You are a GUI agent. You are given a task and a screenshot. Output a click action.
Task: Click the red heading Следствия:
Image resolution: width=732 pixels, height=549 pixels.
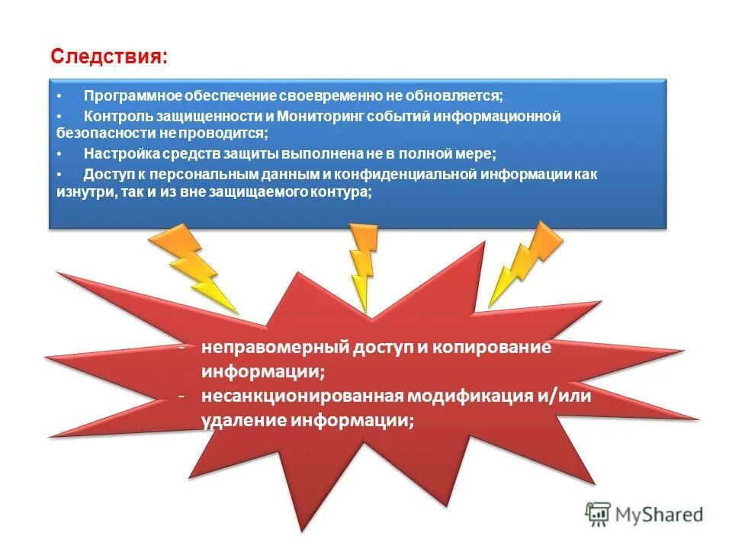point(108,56)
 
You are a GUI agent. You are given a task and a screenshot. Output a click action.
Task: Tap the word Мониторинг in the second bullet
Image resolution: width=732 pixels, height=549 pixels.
point(319,116)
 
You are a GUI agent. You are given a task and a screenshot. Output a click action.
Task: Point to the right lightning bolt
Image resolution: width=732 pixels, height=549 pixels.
point(526,259)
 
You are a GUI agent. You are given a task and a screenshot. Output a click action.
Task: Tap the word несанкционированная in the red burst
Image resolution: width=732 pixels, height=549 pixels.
point(302,396)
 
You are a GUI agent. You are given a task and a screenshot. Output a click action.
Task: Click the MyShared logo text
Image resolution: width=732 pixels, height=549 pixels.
point(660,515)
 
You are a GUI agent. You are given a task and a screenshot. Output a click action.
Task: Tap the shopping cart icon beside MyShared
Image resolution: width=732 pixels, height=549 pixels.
point(599,515)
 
